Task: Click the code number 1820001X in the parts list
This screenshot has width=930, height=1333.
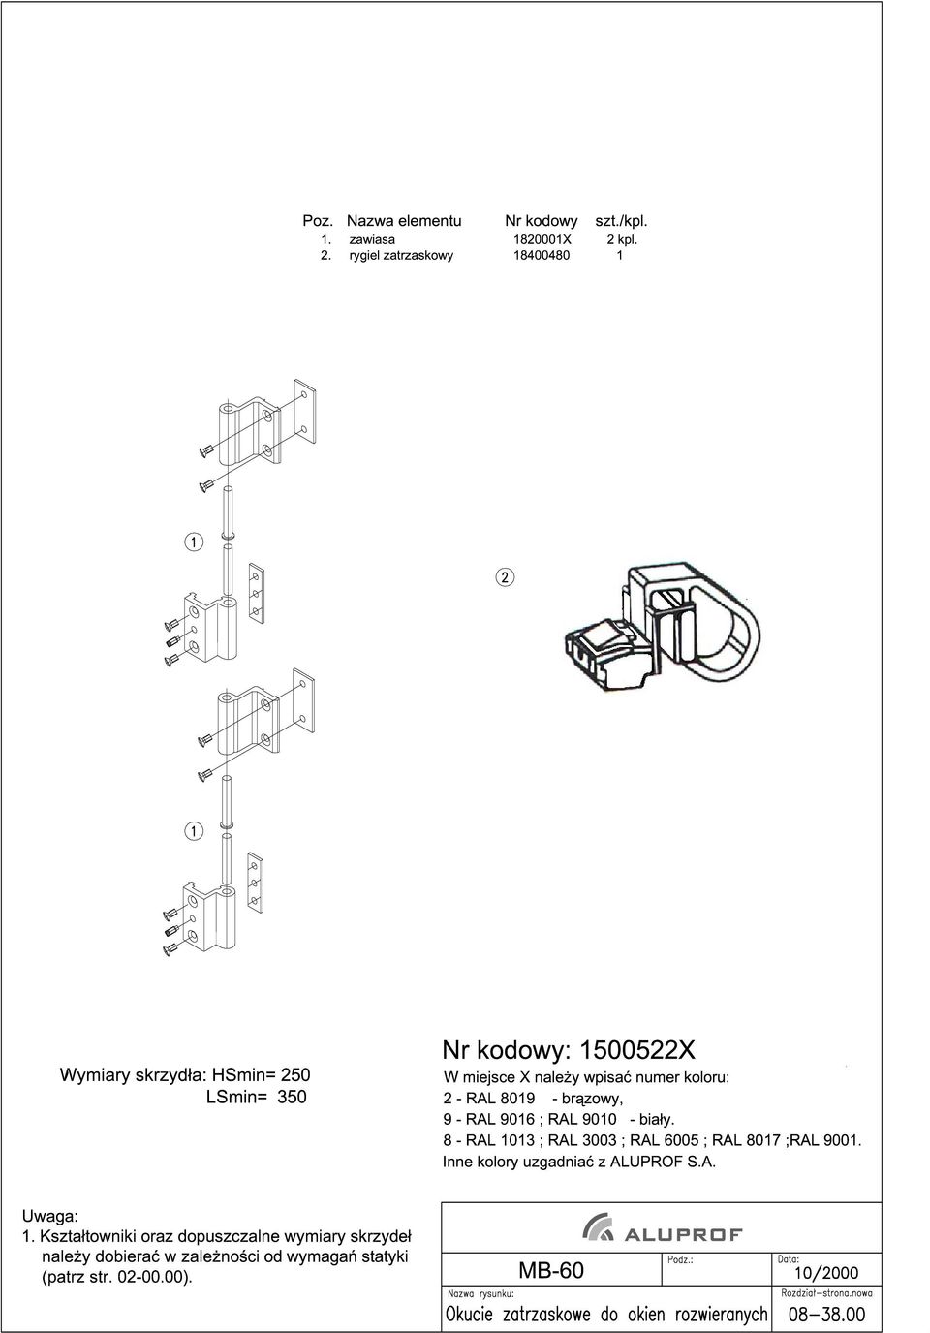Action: pyautogui.click(x=542, y=240)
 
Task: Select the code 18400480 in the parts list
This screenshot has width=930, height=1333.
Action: pyautogui.click(x=542, y=256)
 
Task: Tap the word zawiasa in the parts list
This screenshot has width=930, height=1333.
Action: pyautogui.click(x=372, y=240)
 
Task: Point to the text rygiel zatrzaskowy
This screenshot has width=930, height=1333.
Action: pyautogui.click(x=401, y=256)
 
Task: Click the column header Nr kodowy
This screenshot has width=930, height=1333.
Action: pyautogui.click(x=542, y=221)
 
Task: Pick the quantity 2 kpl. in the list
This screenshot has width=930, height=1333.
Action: pyautogui.click(x=622, y=240)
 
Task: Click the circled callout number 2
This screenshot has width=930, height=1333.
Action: pyautogui.click(x=505, y=577)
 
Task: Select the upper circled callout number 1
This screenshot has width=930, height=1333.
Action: pyautogui.click(x=194, y=542)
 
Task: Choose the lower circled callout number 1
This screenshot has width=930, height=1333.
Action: pyautogui.click(x=194, y=831)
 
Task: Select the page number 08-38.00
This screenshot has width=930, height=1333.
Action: pyautogui.click(x=826, y=1315)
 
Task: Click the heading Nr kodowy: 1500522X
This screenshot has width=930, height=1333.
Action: pyautogui.click(x=569, y=1051)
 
